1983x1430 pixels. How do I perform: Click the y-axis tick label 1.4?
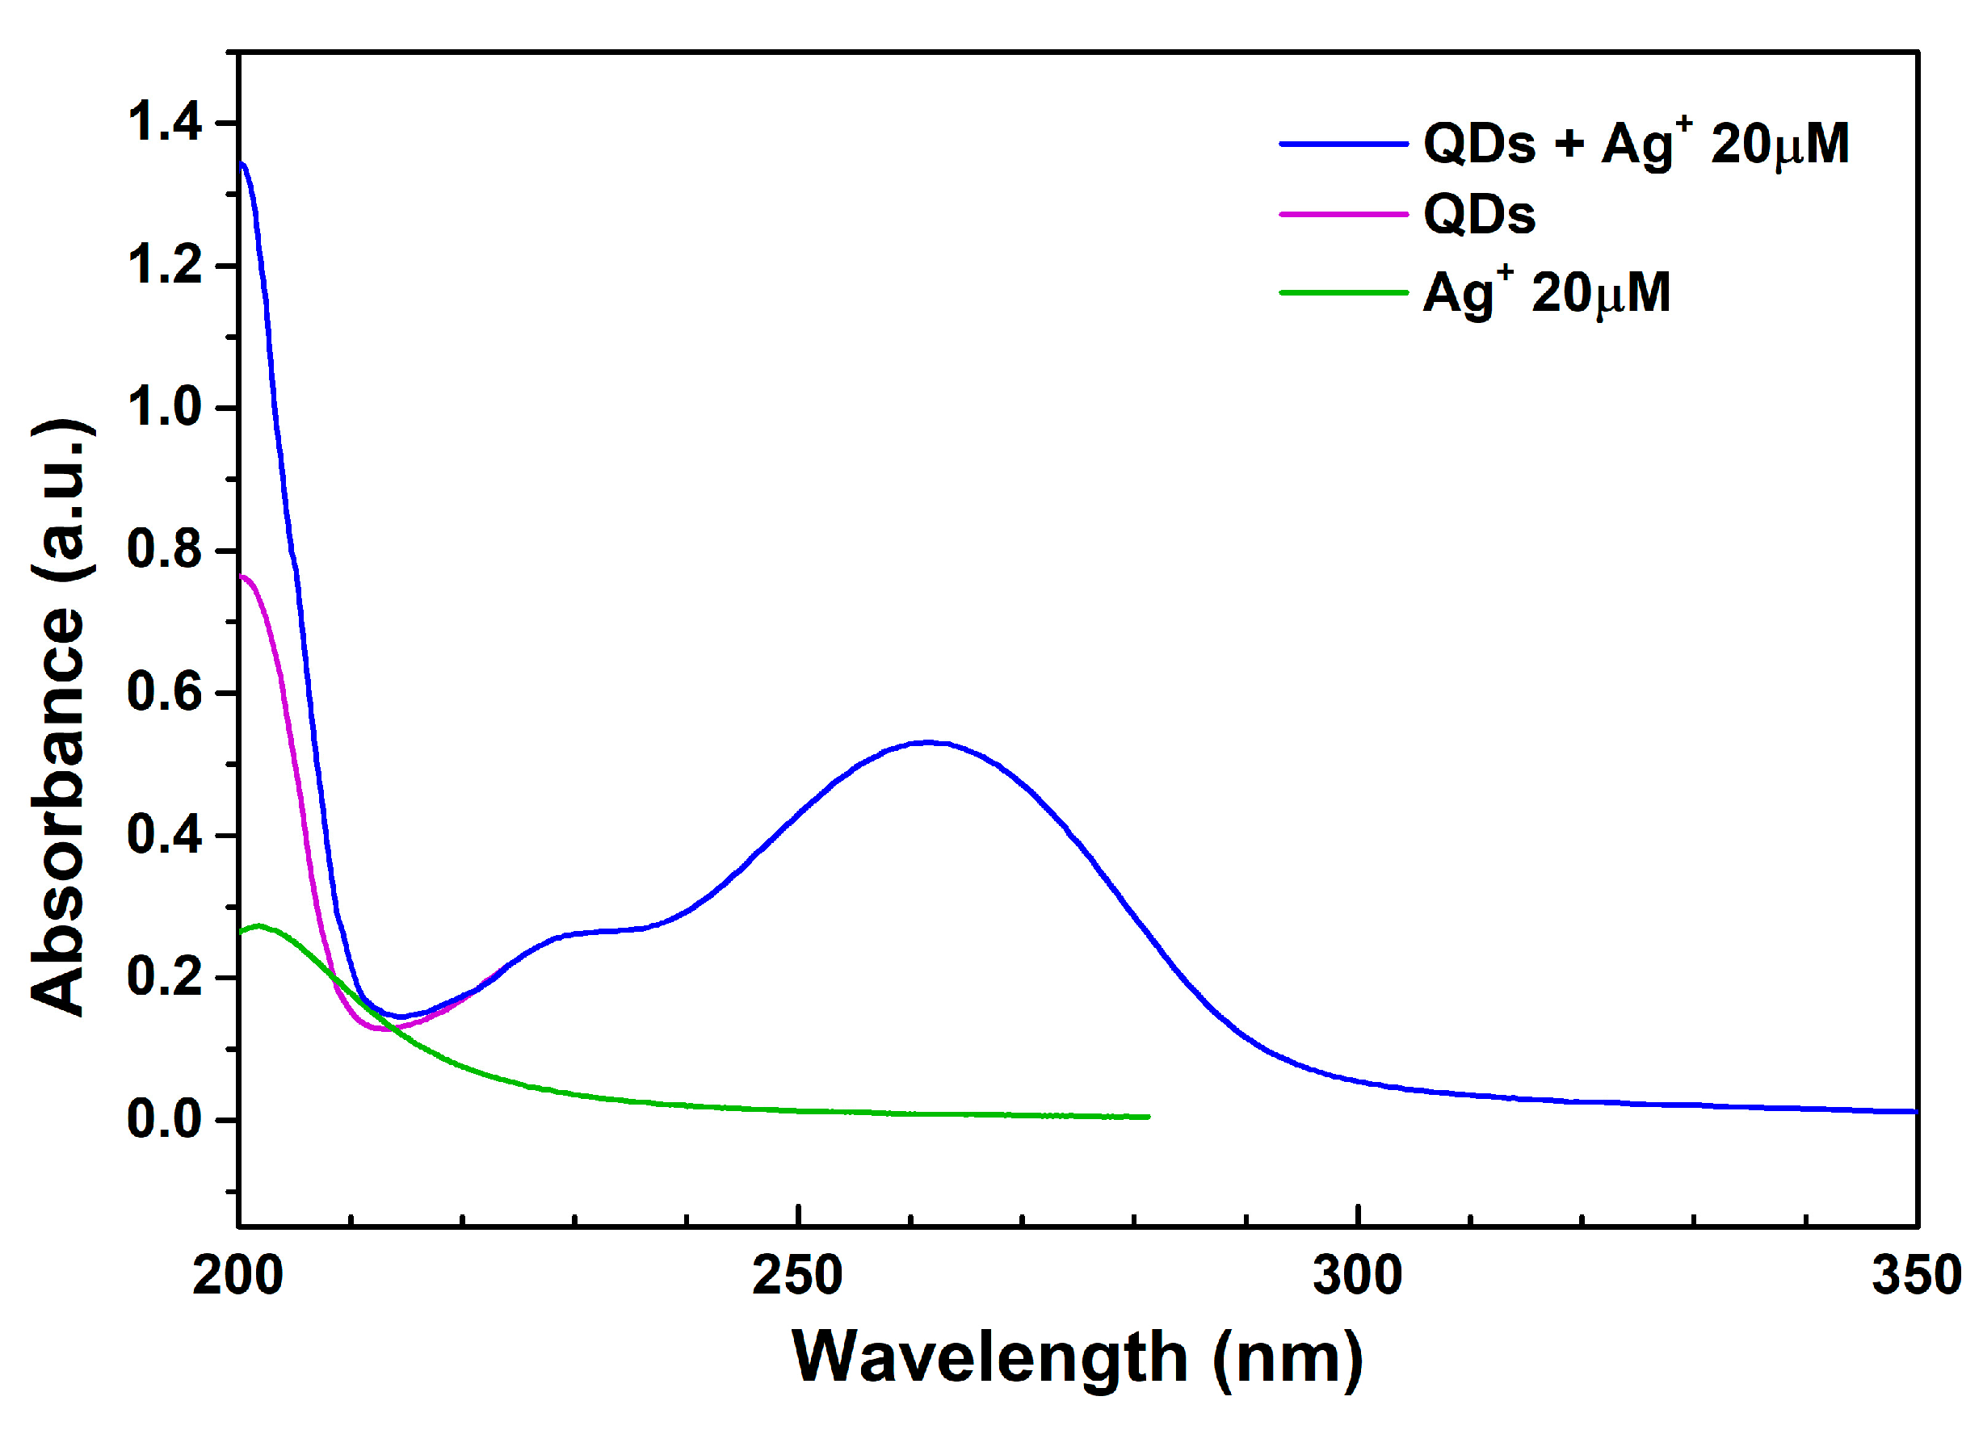[x=165, y=123]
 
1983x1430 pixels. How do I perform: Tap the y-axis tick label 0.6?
[x=165, y=692]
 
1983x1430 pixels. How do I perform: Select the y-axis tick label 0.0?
[x=165, y=1120]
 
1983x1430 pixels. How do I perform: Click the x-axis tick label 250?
[x=797, y=1275]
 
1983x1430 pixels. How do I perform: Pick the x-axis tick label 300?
[x=1357, y=1275]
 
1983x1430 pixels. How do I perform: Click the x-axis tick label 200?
[x=237, y=1275]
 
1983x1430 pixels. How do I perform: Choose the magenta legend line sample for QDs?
[x=1344, y=213]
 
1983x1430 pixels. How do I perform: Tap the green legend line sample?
[x=1344, y=292]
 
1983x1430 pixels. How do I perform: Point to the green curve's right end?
[x=1148, y=1116]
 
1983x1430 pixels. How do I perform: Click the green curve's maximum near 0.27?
[x=258, y=925]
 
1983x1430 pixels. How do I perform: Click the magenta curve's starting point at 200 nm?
[x=242, y=576]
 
